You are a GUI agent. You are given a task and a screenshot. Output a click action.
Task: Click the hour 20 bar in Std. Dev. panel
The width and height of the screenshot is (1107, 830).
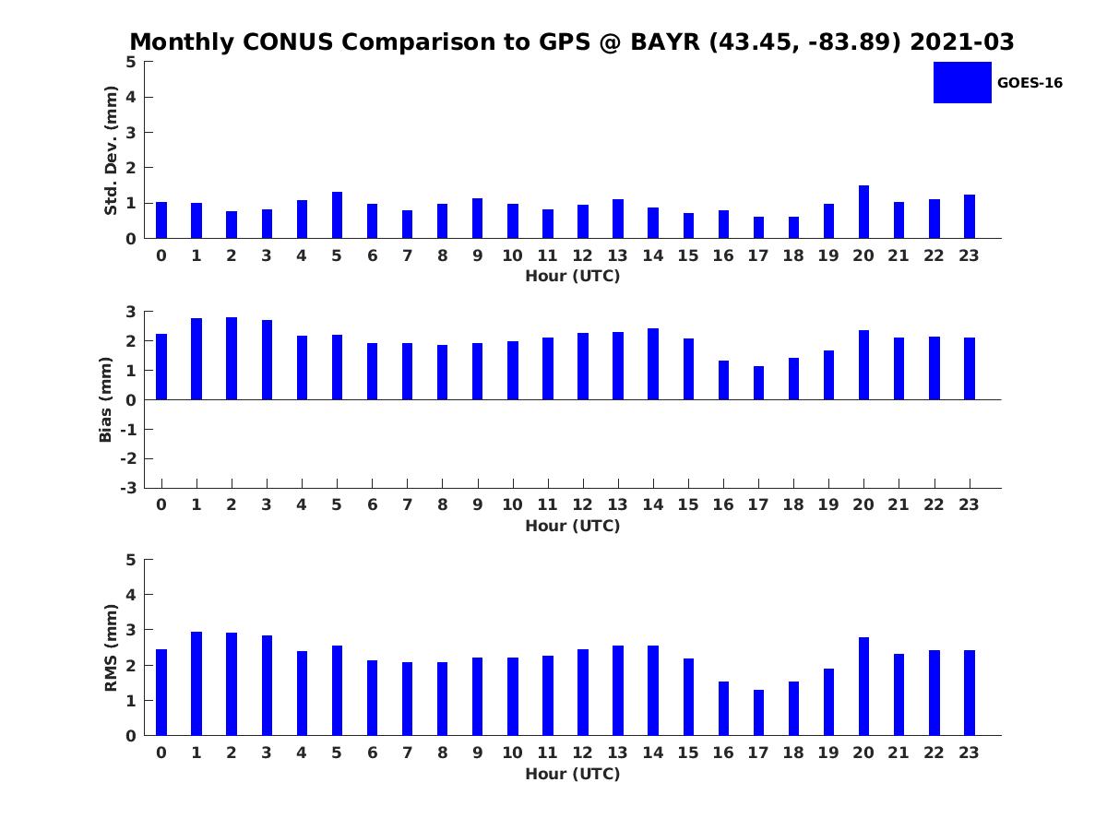pos(863,212)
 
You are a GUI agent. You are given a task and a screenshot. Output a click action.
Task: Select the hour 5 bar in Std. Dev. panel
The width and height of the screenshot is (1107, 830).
pos(337,215)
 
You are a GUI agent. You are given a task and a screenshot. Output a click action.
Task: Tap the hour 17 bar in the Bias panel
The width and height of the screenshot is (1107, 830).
pos(758,383)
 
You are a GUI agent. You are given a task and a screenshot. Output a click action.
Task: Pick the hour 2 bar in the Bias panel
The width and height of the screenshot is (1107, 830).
pos(232,359)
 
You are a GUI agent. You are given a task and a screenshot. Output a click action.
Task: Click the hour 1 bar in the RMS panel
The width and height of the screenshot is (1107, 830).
pos(196,683)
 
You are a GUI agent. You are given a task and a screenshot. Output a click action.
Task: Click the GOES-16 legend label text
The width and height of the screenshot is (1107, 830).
pos(1030,83)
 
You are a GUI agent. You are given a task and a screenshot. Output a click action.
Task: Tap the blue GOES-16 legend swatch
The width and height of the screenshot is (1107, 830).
pos(962,82)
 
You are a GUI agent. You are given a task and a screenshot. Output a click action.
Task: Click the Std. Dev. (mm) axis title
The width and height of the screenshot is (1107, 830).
pos(111,150)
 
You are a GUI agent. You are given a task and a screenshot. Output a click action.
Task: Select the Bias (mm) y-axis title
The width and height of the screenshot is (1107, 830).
pos(106,399)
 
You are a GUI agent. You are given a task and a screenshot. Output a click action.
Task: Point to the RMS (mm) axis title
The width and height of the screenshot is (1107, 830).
pos(111,647)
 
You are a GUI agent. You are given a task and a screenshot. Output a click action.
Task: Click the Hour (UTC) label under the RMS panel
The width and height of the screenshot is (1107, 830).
pos(572,774)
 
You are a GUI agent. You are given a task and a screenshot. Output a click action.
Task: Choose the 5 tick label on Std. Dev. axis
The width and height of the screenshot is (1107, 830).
pos(132,62)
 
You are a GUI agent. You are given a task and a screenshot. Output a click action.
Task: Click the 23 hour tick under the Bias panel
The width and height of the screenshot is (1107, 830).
pos(969,504)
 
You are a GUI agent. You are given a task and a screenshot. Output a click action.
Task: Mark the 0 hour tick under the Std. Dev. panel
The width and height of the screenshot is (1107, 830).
pos(161,255)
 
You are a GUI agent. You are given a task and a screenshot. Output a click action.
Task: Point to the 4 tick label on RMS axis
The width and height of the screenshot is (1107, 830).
pos(132,595)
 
